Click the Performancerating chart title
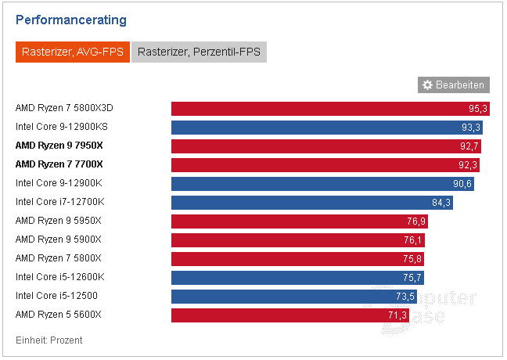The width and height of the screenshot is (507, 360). [x=71, y=20]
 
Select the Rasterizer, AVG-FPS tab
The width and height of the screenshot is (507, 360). [x=71, y=52]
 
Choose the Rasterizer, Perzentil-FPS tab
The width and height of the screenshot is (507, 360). [x=200, y=52]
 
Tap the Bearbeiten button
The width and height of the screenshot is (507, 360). [x=453, y=85]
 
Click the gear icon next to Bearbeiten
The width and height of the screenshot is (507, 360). [x=427, y=85]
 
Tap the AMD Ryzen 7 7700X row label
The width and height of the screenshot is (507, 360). [x=59, y=164]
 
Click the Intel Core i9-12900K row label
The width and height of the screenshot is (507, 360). [x=59, y=183]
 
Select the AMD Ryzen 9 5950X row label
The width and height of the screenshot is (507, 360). [x=59, y=221]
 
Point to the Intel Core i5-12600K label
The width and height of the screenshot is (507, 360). [x=59, y=277]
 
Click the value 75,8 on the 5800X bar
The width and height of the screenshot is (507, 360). [x=412, y=259]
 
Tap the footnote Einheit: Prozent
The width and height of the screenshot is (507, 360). [x=49, y=340]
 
